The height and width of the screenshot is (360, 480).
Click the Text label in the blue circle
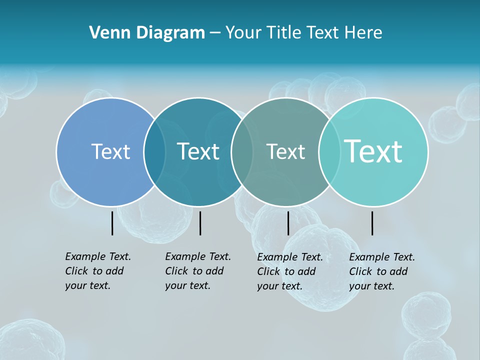tap(110, 151)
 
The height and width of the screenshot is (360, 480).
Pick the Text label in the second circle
tap(198, 151)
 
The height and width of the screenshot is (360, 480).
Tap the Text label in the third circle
tap(285, 151)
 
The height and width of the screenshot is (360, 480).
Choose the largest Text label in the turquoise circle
tap(373, 151)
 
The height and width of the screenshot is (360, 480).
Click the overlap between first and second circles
tap(154, 152)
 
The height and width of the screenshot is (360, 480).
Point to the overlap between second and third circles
tap(242, 152)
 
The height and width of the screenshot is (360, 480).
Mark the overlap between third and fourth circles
tap(329, 152)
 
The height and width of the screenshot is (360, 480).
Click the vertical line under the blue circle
tap(112, 223)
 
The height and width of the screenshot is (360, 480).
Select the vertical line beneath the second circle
tap(200, 223)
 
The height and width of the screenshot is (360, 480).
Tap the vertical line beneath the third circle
tap(288, 223)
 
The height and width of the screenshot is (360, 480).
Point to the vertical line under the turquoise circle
tap(372, 223)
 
